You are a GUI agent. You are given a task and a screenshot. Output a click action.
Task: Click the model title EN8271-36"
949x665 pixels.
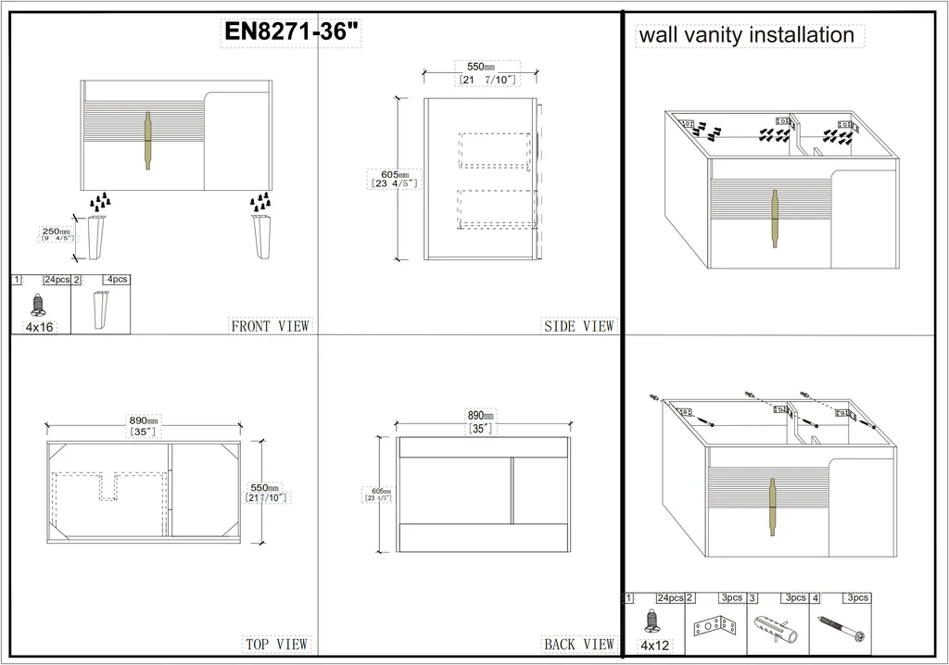coord(292,31)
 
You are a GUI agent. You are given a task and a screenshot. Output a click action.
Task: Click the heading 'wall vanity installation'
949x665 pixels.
coord(745,35)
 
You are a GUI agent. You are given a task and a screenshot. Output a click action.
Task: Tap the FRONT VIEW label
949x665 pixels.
coord(270,326)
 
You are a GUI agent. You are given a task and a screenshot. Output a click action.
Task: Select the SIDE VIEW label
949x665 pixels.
coord(579,326)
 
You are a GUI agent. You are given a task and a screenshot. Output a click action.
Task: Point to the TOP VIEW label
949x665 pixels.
coord(275,644)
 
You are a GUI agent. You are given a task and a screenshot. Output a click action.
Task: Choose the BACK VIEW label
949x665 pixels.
coord(579,644)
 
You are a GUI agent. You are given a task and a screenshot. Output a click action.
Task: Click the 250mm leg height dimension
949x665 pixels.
coord(56,232)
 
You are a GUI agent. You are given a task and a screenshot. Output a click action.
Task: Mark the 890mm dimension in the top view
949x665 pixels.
coord(145,420)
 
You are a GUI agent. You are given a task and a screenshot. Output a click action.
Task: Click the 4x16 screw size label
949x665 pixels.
coord(38,327)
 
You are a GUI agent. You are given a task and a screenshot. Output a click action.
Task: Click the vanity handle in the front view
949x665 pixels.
coord(146,141)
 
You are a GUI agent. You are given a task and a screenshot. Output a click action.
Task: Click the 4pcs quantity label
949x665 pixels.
coord(117,279)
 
